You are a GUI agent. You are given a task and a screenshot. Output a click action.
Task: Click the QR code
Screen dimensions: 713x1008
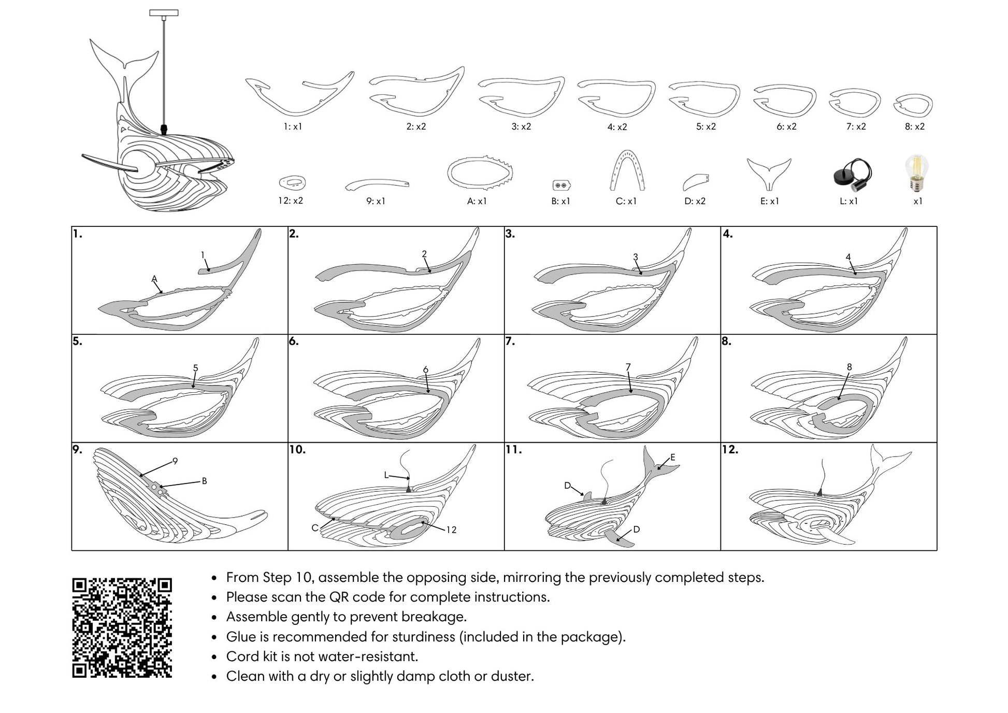(122, 628)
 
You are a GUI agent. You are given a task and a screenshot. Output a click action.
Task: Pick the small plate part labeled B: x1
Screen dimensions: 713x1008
(561, 185)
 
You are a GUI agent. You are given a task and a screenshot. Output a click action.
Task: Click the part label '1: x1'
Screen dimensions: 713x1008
(293, 126)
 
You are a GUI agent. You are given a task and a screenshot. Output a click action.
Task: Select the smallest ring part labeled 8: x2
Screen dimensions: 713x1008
(913, 105)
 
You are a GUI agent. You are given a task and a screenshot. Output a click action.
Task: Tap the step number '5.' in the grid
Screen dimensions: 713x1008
(77, 341)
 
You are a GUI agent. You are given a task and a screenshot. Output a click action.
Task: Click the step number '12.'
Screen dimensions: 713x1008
(730, 449)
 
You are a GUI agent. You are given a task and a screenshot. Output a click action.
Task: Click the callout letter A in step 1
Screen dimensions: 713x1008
(154, 279)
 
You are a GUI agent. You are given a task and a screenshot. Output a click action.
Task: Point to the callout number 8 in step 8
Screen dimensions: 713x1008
(849, 367)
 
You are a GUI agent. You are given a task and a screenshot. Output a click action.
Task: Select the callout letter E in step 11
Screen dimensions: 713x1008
(672, 457)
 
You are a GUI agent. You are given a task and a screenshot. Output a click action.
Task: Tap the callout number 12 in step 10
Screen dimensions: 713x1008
(451, 530)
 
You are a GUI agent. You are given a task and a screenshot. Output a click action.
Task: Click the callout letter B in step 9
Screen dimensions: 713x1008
(204, 481)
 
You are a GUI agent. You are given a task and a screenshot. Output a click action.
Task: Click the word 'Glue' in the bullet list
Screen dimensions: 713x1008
(241, 637)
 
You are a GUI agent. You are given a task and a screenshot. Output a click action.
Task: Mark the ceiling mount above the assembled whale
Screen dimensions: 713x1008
(164, 13)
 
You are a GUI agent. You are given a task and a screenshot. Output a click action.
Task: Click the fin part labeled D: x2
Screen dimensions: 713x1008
(696, 182)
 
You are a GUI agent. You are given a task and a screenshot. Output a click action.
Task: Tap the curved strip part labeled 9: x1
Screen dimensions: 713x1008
(377, 184)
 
